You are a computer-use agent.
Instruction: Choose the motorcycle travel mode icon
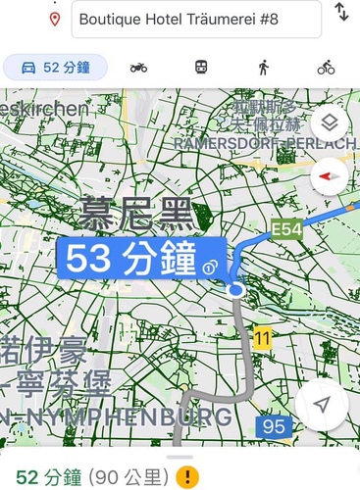click(x=139, y=68)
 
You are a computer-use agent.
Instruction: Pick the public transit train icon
click(x=201, y=68)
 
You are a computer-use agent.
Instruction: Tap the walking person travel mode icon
click(x=263, y=68)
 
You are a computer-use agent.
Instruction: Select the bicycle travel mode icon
click(x=326, y=68)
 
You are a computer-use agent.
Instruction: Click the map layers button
click(x=329, y=123)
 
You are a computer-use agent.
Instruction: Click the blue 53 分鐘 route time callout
click(x=141, y=261)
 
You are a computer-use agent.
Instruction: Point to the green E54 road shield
click(x=286, y=229)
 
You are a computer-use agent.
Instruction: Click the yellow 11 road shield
click(x=261, y=338)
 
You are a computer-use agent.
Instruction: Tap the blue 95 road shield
click(x=274, y=427)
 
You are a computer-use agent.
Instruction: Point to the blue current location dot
click(x=235, y=290)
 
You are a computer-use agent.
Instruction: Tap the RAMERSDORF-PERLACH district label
click(x=264, y=143)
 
